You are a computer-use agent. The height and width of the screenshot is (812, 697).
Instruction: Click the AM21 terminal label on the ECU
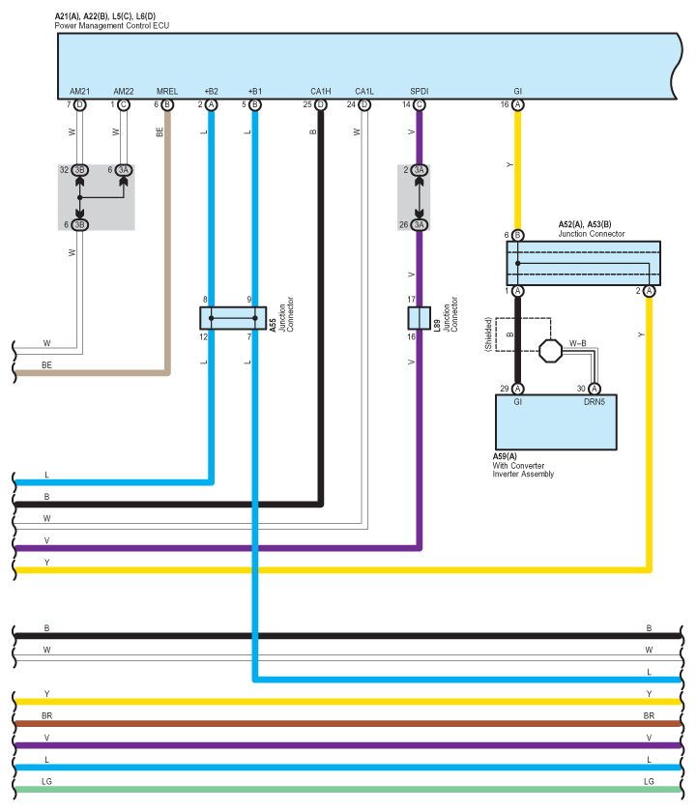79,91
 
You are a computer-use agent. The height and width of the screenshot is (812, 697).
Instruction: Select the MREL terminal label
166,91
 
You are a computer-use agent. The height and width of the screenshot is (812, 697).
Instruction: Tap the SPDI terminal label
419,91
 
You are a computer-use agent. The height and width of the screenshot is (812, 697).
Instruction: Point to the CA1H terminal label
321,91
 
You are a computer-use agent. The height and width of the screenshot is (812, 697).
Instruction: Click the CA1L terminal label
364,91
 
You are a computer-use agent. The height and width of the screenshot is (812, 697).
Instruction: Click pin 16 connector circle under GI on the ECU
517,104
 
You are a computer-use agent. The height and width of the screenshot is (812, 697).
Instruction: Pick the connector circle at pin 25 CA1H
321,104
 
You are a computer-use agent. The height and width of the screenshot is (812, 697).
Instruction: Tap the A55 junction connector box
233,318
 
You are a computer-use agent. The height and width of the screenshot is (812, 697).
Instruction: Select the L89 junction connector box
419,318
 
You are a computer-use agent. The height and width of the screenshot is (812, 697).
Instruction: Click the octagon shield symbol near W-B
550,351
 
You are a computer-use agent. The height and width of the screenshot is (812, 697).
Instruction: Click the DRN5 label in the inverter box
594,402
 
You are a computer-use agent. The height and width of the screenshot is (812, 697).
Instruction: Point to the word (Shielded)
488,334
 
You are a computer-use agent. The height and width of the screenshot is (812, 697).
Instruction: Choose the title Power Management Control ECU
112,25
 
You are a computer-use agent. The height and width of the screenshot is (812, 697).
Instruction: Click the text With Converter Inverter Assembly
523,470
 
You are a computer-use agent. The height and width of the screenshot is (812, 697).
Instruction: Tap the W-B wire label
578,343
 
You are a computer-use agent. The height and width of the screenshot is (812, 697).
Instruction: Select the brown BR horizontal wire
348,723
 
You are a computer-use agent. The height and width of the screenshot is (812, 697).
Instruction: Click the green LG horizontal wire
348,789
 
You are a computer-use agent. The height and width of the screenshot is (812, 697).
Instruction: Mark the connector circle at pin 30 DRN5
594,389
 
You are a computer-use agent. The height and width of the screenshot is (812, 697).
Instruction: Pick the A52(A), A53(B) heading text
585,224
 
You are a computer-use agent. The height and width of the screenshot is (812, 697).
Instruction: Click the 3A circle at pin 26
419,224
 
